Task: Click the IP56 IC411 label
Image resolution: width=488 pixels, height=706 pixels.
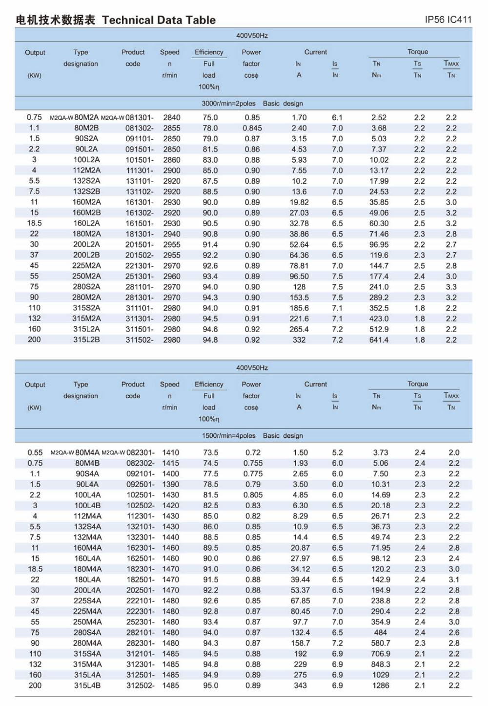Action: pyautogui.click(x=448, y=20)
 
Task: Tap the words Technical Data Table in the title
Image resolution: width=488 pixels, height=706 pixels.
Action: pyautogui.click(x=159, y=20)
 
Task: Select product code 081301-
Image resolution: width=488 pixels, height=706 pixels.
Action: pyautogui.click(x=140, y=118)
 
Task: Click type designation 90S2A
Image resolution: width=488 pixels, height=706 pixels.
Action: pyautogui.click(x=86, y=139)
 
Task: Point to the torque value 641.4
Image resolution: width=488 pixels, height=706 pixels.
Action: pyautogui.click(x=379, y=340)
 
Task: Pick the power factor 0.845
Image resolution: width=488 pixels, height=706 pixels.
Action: pyautogui.click(x=252, y=128)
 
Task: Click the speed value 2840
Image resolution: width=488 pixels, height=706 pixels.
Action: pyautogui.click(x=172, y=118)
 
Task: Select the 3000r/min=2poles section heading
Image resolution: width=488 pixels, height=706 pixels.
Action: pyautogui.click(x=228, y=104)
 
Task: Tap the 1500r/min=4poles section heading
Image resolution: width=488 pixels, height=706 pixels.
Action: pyautogui.click(x=229, y=436)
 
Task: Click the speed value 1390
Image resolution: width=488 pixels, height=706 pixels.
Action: pyautogui.click(x=171, y=484)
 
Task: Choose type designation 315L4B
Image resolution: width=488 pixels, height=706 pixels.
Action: pyautogui.click(x=87, y=685)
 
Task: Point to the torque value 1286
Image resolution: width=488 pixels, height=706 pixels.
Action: pyautogui.click(x=381, y=685)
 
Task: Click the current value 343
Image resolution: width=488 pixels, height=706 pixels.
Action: pyautogui.click(x=300, y=685)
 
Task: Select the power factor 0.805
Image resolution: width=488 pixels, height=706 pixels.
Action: pyautogui.click(x=253, y=495)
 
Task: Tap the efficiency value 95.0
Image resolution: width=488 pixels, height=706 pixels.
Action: pyautogui.click(x=211, y=685)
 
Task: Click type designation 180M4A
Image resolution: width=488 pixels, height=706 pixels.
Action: pyautogui.click(x=87, y=569)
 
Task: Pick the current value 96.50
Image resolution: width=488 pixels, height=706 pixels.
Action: pyautogui.click(x=299, y=277)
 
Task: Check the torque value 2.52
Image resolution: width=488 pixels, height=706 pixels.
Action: pyautogui.click(x=379, y=118)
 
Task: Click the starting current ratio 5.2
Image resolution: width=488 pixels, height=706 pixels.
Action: pyautogui.click(x=337, y=453)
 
